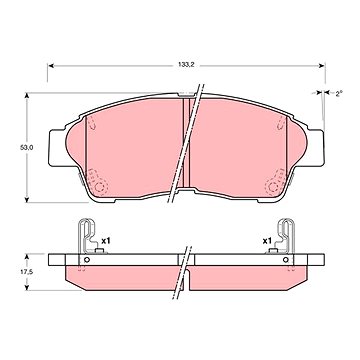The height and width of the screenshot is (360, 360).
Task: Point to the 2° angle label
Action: [x=339, y=93]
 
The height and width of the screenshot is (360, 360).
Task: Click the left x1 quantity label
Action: [x=106, y=241]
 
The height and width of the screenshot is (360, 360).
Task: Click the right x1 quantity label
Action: [x=267, y=241]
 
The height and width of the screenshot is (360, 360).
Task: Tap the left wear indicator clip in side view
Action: [x=86, y=236]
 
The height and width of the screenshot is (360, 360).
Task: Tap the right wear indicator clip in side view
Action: [x=286, y=236]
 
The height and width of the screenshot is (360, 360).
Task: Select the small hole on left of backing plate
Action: [x=87, y=260]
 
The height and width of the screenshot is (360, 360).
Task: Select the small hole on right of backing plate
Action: [x=285, y=260]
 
